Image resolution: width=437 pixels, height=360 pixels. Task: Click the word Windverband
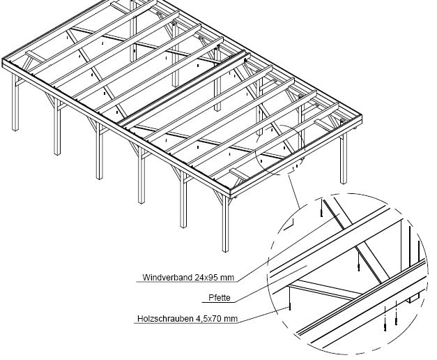[x=165, y=276]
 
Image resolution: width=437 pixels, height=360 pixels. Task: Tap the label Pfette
[x=220, y=298]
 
